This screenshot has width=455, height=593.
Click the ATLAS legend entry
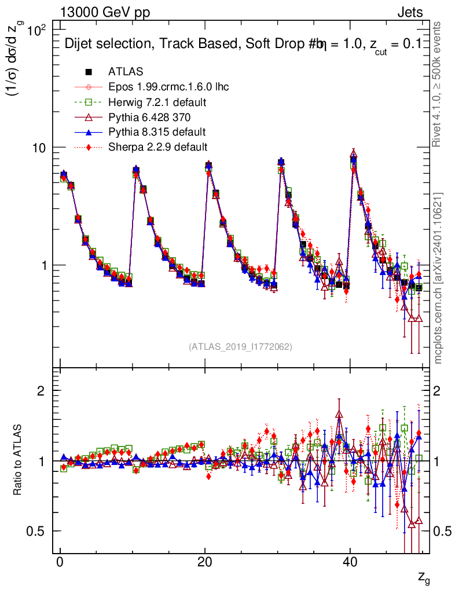coord(126,72)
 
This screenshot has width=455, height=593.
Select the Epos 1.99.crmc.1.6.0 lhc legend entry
coord(168,87)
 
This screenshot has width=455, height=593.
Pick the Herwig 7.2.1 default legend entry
coord(157,102)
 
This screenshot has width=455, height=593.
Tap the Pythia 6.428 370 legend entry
coord(152,117)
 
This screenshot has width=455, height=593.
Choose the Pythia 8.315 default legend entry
coord(157,132)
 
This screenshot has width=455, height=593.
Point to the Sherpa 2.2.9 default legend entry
coord(157,147)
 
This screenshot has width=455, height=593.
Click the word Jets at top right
coord(410,13)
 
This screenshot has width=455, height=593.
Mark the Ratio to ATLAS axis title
coord(19,460)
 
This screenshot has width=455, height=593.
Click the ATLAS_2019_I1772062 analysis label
coord(240,347)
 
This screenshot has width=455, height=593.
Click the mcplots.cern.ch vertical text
coord(438,278)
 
